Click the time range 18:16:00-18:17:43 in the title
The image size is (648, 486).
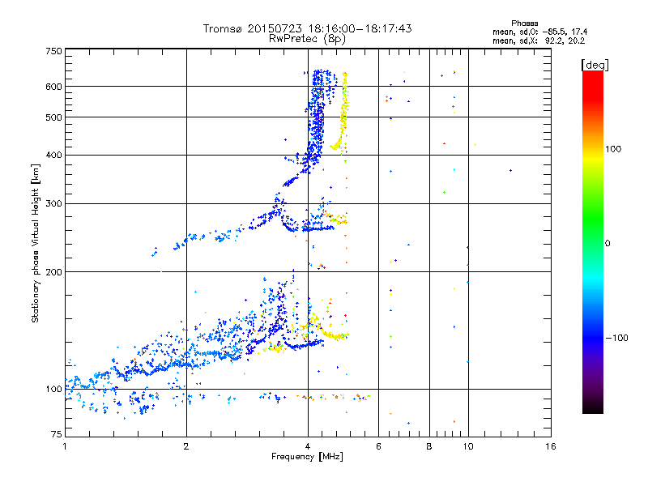[360, 28]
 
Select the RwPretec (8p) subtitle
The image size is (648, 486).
[307, 39]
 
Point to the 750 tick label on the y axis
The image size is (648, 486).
[53, 51]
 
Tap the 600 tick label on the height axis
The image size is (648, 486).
[53, 87]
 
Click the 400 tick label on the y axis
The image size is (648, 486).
[53, 156]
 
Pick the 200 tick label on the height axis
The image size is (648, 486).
[53, 272]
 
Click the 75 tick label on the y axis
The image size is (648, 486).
[57, 434]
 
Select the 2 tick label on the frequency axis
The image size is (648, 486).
[186, 446]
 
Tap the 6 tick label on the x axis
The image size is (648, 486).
[378, 446]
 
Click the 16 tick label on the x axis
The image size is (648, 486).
[551, 446]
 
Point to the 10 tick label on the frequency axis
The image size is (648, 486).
[468, 446]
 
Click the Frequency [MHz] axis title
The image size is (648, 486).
[307, 457]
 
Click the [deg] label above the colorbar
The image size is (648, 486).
[595, 66]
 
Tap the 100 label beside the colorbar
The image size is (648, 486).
[613, 149]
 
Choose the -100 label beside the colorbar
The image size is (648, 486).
[616, 338]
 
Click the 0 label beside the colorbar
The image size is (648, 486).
[607, 244]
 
